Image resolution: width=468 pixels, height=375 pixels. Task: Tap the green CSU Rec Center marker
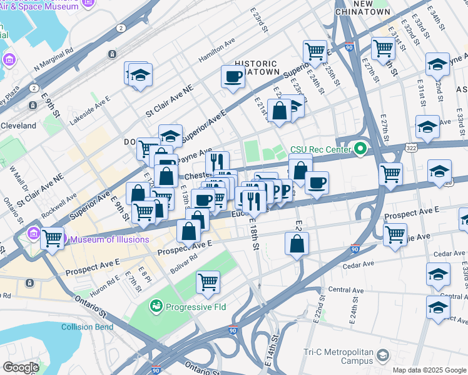(359, 149)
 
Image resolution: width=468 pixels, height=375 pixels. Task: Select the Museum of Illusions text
(109, 239)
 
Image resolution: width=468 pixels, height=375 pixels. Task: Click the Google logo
(21, 367)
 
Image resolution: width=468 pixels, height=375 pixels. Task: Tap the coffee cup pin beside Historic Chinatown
(233, 77)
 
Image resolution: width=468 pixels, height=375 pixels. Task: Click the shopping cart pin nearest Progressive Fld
(208, 282)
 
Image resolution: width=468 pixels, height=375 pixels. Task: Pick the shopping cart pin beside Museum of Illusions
(53, 237)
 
